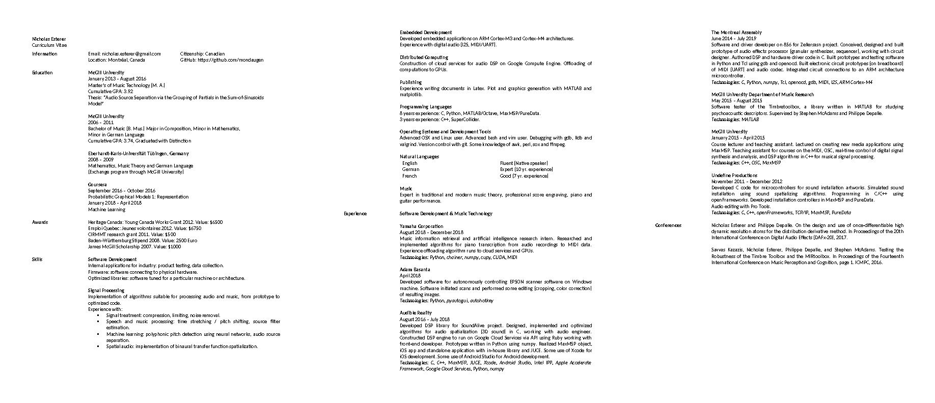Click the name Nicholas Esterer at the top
pos(49,39)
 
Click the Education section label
pos(42,72)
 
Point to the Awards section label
pos(40,222)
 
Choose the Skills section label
pos(37,259)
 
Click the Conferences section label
pos(668,225)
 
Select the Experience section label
pos(355,213)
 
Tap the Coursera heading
pos(97,184)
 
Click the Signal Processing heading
pos(106,290)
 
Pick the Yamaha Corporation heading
pos(421,226)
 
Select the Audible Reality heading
pos(416,312)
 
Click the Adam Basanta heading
pos(415,269)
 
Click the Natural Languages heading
pos(419,156)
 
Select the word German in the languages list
pos(410,169)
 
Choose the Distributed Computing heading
pos(424,57)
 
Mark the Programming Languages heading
pos(425,106)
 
